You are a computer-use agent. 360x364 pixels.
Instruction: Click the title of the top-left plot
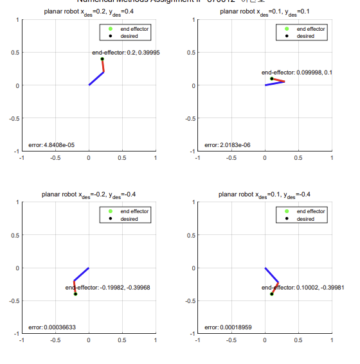89,12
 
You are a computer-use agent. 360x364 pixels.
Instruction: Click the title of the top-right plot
265,12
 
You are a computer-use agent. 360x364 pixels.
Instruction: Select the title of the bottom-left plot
89,195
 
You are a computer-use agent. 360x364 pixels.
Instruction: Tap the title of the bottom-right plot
265,195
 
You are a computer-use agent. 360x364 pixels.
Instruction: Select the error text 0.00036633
52,327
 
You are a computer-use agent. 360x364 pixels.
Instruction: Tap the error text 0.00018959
228,327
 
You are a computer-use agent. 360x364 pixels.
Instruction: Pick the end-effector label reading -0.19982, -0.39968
108,288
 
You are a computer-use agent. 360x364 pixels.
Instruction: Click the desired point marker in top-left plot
102,59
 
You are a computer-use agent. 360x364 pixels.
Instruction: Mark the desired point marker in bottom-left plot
75,294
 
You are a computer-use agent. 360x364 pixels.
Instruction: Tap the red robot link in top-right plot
278,80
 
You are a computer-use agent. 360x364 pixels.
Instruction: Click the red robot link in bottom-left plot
75,288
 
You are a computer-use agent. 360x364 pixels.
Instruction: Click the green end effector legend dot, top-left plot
110,29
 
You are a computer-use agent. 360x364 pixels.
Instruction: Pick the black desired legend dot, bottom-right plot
287,218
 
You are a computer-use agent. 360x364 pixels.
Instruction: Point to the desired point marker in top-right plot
272,78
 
